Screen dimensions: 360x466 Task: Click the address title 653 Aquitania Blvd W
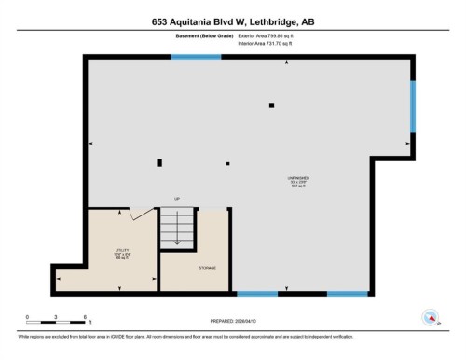point(232,21)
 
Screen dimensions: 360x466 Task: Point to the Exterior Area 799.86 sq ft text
point(273,35)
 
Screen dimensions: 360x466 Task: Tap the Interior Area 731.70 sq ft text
point(272,43)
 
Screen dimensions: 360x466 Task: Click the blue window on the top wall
point(196,57)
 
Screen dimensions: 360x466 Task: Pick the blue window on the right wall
point(413,105)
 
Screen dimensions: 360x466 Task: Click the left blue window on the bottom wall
point(256,294)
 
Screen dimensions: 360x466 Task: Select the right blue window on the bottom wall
point(347,294)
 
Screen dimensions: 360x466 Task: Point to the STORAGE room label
point(207,269)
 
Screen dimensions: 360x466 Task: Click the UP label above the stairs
point(176,199)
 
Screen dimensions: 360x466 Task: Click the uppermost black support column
point(271,105)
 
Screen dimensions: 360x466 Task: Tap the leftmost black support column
point(159,162)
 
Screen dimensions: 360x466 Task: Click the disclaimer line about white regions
point(186,333)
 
